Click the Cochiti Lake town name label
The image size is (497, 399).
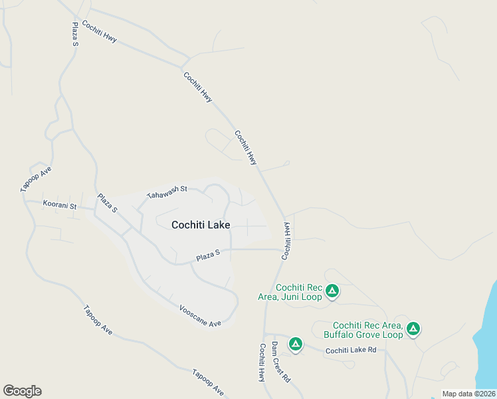[201, 225]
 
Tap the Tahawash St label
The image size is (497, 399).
[168, 193]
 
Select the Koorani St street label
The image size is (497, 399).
[60, 205]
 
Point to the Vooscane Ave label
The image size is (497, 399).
[200, 316]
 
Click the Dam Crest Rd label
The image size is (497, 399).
[280, 362]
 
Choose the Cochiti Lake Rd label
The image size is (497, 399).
[351, 350]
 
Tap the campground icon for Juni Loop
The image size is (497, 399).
[332, 291]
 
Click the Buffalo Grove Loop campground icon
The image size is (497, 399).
[413, 328]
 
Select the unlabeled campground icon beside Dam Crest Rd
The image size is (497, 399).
[295, 344]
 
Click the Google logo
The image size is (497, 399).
[22, 391]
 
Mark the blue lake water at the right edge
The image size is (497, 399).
[488, 332]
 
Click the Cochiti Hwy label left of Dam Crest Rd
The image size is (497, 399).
[262, 362]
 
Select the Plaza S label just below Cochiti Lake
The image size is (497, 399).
[208, 255]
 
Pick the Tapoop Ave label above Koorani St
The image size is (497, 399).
[36, 180]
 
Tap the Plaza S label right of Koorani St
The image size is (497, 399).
[107, 203]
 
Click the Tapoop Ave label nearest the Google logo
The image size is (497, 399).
[98, 320]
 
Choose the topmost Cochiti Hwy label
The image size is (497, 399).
[100, 31]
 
